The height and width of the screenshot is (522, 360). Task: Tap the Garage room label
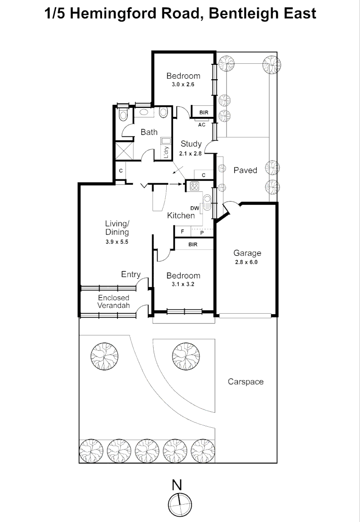click(x=247, y=253)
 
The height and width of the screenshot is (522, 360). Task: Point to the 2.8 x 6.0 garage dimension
click(x=247, y=263)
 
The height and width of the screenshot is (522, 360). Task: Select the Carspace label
click(x=245, y=382)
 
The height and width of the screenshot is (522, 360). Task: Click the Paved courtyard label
click(x=245, y=170)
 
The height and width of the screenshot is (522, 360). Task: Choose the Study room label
click(x=191, y=144)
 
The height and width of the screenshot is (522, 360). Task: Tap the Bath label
click(x=149, y=132)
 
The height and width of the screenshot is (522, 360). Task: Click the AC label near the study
click(x=202, y=125)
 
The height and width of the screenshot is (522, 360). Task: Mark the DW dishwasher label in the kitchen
click(x=195, y=208)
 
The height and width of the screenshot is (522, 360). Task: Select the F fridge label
click(x=182, y=232)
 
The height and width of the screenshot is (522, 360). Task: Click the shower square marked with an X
click(x=123, y=150)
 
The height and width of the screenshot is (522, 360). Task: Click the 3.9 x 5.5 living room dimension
click(x=117, y=242)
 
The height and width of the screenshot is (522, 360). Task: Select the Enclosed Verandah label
click(x=114, y=302)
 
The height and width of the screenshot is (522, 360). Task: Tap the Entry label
click(x=130, y=275)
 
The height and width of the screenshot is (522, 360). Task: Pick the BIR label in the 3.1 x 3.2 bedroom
click(x=193, y=245)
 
